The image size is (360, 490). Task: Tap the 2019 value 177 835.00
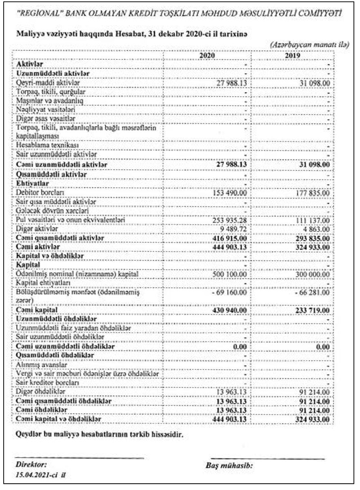pos(313,193)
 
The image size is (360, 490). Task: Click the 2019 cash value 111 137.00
pos(313,220)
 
